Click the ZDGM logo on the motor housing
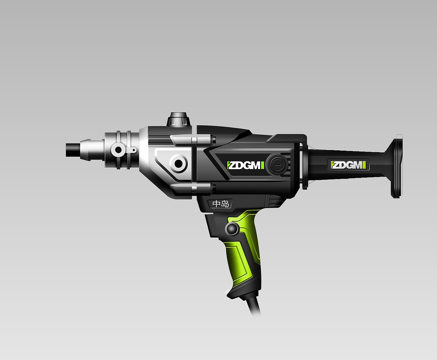245,165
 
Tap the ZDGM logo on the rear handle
349,165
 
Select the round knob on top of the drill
179,119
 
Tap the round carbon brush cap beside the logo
278,165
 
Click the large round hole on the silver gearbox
179,163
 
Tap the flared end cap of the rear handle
396,168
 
